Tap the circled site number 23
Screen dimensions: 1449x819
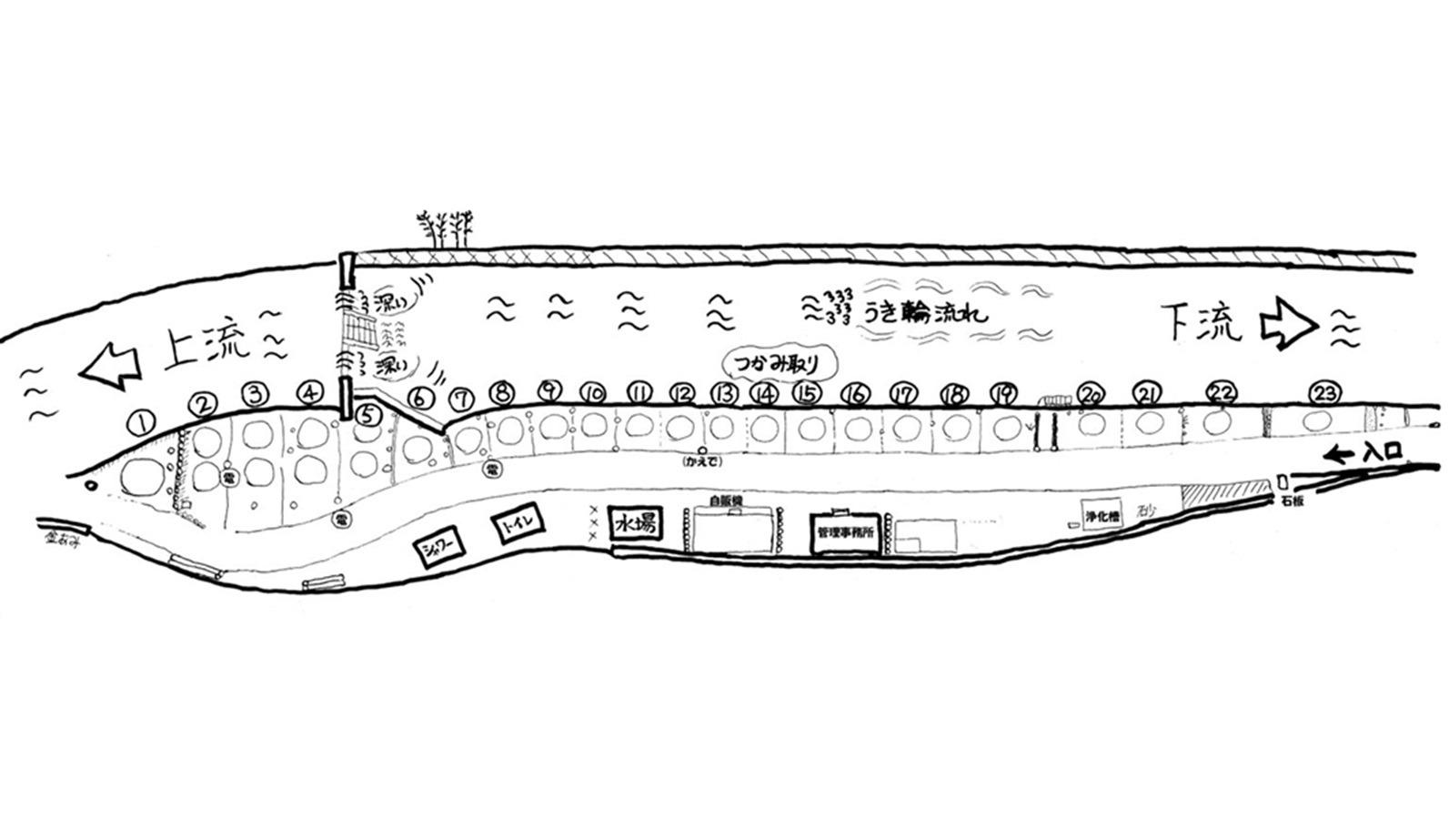pyautogui.click(x=1323, y=392)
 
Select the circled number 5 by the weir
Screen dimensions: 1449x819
pyautogui.click(x=367, y=415)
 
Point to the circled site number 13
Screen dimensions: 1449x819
pyautogui.click(x=724, y=393)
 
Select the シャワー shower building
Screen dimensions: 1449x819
pyautogui.click(x=438, y=548)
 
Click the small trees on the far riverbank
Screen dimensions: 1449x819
pyautogui.click(x=447, y=227)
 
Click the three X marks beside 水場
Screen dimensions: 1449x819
pyautogui.click(x=594, y=523)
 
